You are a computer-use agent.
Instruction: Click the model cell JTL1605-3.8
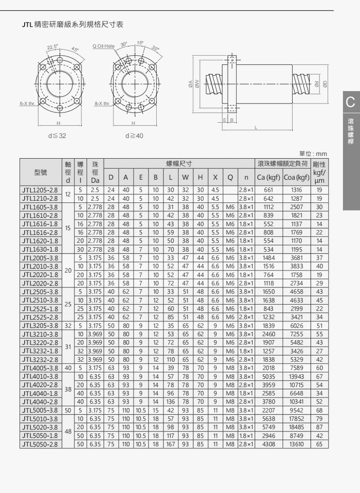(x=40, y=207)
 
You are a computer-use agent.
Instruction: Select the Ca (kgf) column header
(x=268, y=177)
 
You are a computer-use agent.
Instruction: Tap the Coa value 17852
(x=296, y=419)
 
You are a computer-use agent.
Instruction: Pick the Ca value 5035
(x=268, y=376)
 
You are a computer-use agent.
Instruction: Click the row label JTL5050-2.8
(x=40, y=444)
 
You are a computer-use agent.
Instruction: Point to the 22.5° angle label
(x=52, y=47)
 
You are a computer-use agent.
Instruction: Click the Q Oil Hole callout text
(x=103, y=46)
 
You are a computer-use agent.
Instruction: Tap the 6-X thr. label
(x=27, y=104)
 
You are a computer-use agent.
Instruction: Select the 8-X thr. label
(x=102, y=104)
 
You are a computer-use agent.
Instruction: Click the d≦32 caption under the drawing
(x=57, y=136)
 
